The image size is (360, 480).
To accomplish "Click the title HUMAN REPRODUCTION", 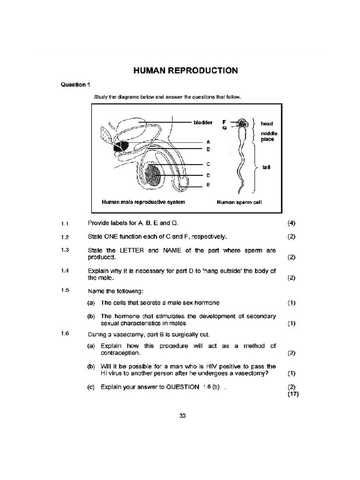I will click(x=186, y=71).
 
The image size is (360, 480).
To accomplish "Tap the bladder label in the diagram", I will click(x=203, y=122).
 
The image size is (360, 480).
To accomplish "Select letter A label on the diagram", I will click(x=208, y=141).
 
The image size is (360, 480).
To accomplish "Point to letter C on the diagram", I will click(x=208, y=164).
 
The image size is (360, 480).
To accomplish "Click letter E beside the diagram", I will click(x=208, y=185).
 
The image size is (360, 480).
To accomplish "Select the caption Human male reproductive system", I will click(x=143, y=202).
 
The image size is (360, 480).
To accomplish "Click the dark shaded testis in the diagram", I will click(x=154, y=177).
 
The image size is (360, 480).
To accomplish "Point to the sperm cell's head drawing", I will click(x=242, y=123).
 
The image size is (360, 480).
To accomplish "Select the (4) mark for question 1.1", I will click(x=292, y=223).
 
